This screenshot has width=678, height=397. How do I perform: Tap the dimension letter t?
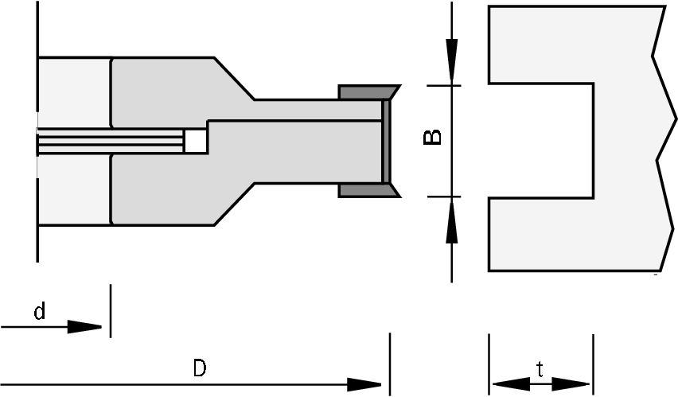(540, 368)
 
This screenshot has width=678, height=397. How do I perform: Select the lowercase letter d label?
(38, 313)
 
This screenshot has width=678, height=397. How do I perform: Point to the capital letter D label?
(200, 368)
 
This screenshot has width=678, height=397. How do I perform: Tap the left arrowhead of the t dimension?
(506, 384)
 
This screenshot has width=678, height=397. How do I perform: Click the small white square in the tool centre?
(196, 142)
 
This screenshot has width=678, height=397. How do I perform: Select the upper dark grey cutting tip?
(367, 91)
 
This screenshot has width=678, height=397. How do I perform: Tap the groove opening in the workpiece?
(541, 140)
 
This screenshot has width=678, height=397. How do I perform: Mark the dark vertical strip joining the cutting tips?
(387, 141)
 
